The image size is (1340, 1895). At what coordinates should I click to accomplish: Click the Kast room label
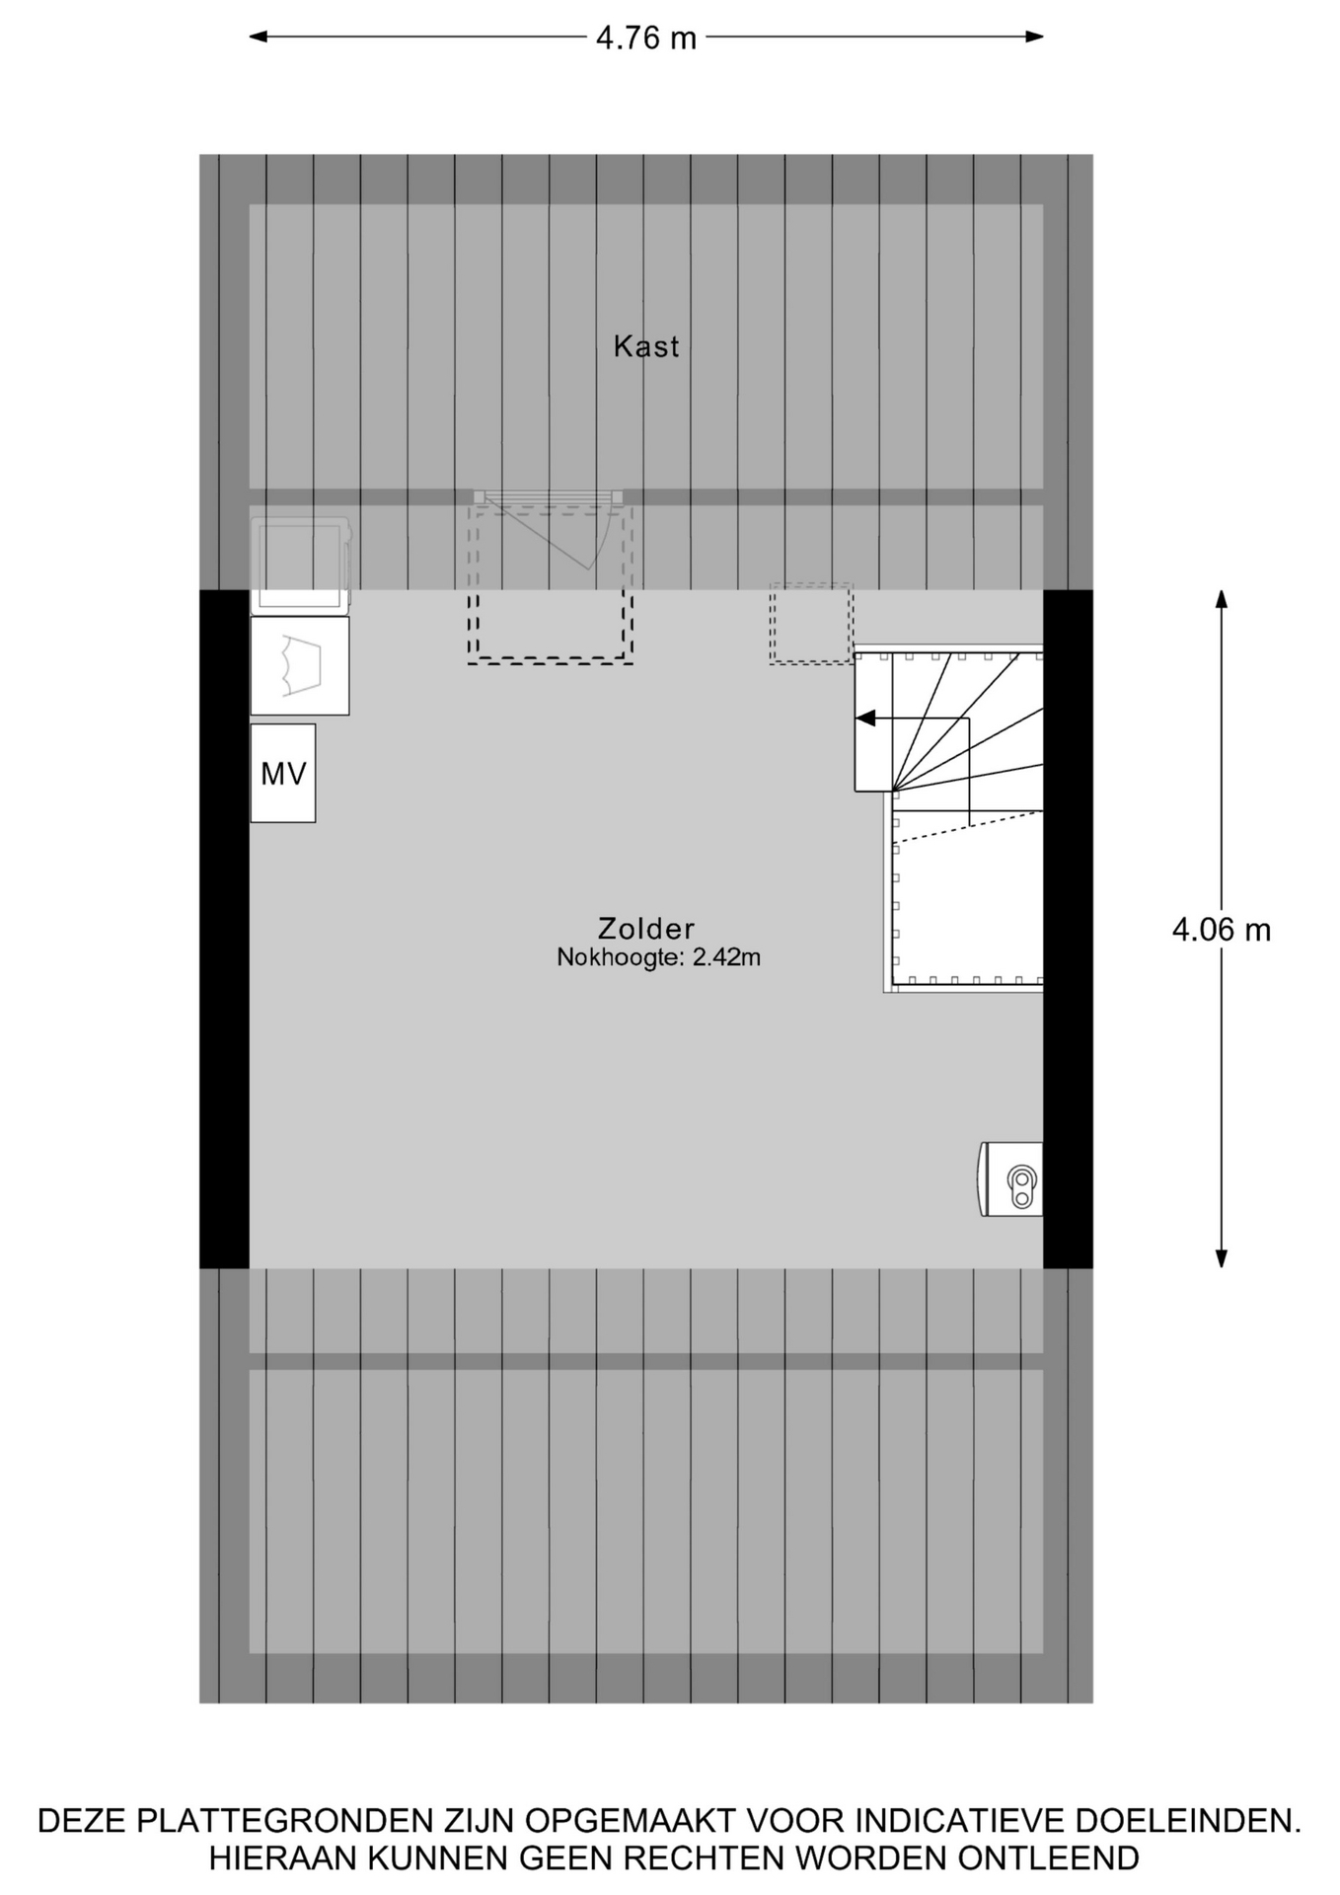(646, 346)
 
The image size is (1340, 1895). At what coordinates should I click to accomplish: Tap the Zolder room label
(646, 929)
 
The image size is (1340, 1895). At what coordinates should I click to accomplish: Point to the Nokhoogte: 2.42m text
(658, 957)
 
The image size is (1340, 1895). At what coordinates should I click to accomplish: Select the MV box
(283, 774)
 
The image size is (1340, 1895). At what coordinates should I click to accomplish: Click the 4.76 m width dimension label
(646, 38)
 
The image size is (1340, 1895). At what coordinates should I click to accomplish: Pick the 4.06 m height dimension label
(1222, 930)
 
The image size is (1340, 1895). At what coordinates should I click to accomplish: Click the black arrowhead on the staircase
(865, 719)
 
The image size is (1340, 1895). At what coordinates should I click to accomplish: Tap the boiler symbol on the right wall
(1011, 1179)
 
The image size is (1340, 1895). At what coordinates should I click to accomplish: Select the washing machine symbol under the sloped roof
(300, 564)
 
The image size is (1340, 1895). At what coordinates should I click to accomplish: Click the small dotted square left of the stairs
(811, 624)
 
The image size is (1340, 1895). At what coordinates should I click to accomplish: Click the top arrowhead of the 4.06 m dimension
(1222, 600)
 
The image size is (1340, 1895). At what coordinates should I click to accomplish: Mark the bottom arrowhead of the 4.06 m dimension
(1222, 1258)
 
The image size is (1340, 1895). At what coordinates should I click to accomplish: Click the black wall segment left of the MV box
(224, 929)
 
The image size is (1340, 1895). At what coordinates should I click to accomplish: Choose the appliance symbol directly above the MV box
(300, 666)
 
